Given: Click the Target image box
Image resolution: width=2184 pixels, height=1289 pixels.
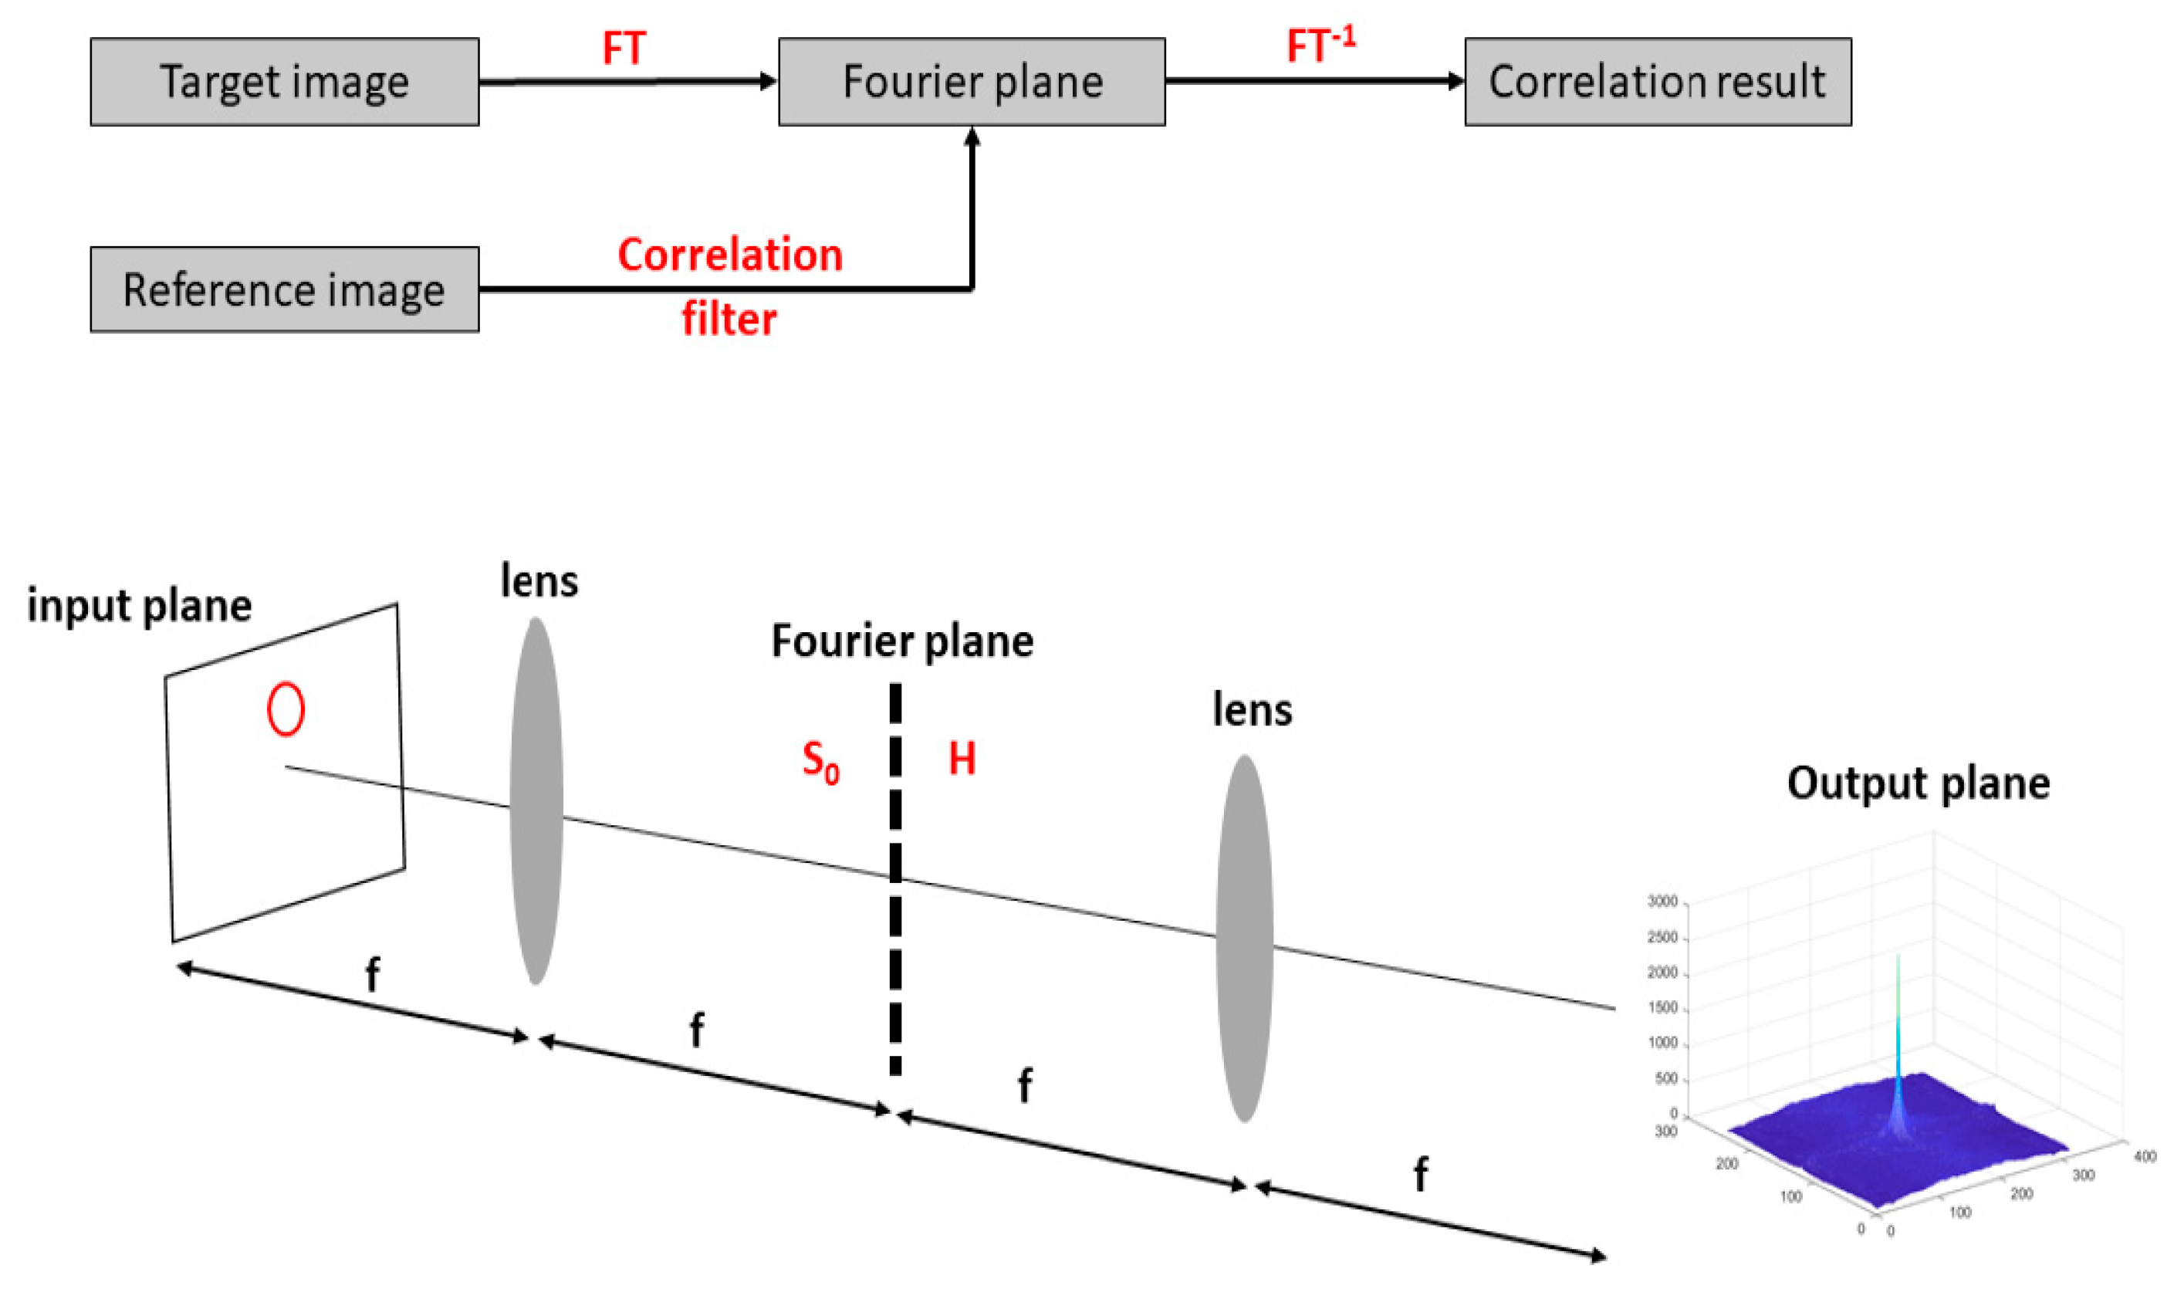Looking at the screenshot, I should click(x=284, y=82).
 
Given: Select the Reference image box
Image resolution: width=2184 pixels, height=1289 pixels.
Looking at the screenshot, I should click(x=284, y=289).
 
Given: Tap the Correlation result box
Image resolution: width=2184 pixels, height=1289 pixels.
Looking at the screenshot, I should click(x=1657, y=82).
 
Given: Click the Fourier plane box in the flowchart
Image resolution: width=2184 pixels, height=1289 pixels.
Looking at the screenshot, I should click(x=971, y=82).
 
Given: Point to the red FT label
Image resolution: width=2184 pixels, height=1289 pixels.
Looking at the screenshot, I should click(x=624, y=49).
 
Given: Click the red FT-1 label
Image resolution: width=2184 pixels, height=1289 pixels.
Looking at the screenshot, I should click(x=1320, y=46).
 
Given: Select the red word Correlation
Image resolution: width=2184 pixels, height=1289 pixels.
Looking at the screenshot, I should click(x=729, y=255).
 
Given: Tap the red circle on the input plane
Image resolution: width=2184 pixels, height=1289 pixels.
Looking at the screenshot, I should click(x=286, y=709).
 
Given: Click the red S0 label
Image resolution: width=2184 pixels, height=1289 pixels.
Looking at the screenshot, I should click(x=820, y=762).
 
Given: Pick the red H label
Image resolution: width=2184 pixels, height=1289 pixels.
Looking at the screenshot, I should click(x=962, y=758).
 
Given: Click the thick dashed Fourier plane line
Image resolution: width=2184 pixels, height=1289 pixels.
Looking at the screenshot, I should click(x=895, y=878).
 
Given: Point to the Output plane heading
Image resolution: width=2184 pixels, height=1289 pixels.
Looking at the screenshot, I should click(x=1918, y=783).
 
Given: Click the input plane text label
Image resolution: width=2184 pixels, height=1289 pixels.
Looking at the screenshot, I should click(x=139, y=605).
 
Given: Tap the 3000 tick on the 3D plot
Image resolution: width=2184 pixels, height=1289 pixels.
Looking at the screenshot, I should click(x=1662, y=902).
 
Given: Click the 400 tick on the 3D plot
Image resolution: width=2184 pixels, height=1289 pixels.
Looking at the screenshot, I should click(x=2145, y=1156).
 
